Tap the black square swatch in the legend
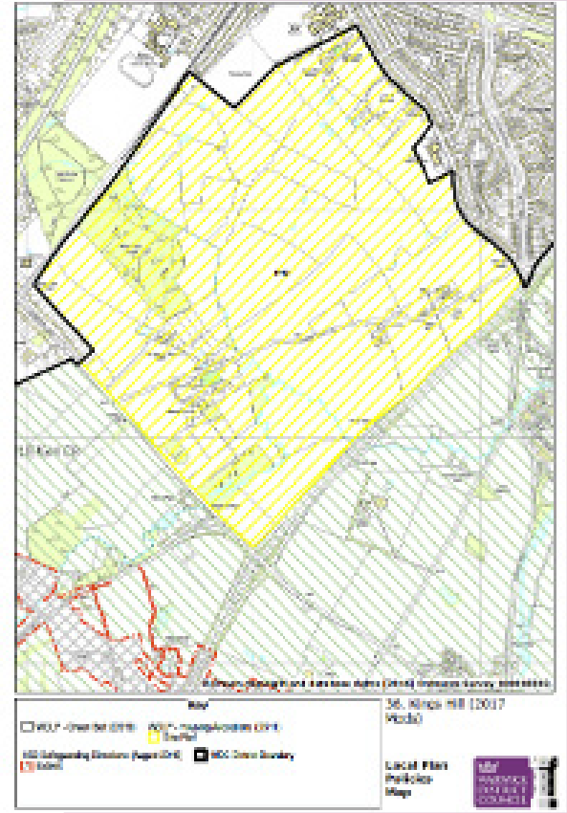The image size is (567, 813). (x=204, y=756)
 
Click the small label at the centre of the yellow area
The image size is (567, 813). (x=280, y=274)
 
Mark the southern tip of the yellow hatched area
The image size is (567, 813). (x=251, y=547)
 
